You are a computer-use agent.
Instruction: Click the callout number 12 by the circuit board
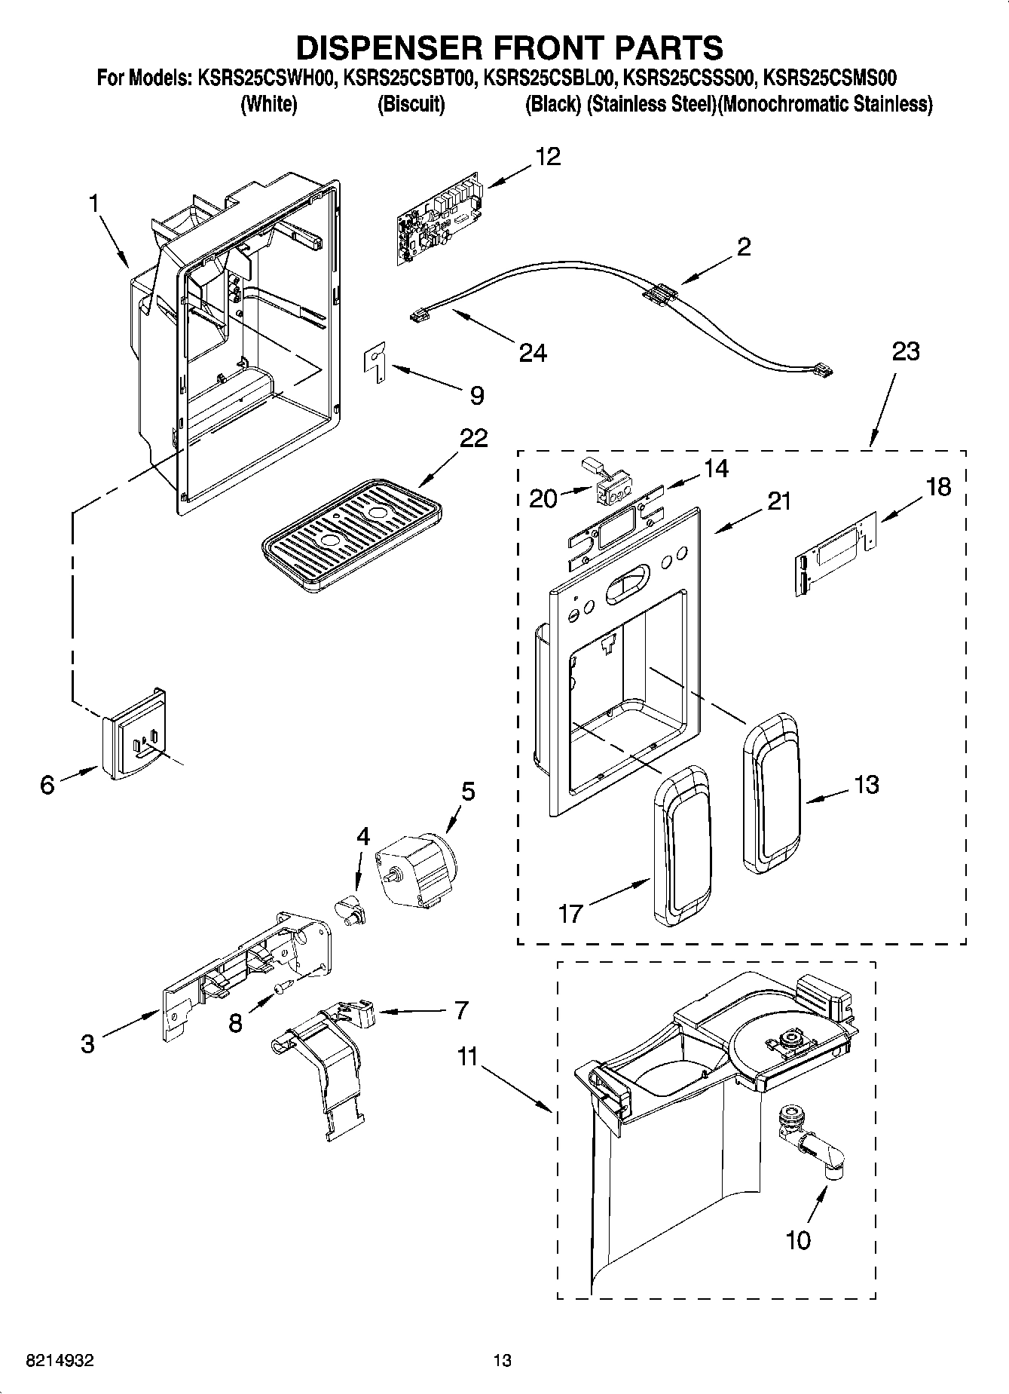point(548,156)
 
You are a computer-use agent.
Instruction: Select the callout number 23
point(906,351)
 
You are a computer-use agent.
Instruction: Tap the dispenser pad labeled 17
point(682,847)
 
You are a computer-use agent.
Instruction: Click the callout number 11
point(468,1057)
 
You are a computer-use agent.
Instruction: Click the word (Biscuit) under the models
point(411,104)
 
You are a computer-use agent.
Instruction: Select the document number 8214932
point(60,1360)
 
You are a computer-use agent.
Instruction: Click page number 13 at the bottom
point(502,1360)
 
